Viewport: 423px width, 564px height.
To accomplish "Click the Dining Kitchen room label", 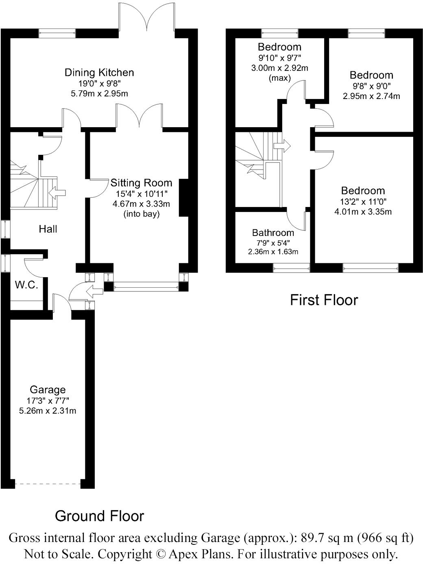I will tap(99, 73).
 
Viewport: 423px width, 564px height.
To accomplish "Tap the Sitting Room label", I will tap(141, 183).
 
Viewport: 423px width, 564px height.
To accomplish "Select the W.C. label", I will tap(26, 285).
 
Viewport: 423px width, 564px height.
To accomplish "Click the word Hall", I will tap(48, 229).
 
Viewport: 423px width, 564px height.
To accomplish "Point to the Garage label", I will tap(48, 390).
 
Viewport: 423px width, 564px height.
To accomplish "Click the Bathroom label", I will tap(273, 233).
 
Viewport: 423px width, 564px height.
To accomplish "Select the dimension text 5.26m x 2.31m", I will tap(48, 411).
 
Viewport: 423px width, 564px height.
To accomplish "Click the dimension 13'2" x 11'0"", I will tap(363, 201).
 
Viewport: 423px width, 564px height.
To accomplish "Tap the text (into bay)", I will tap(141, 214).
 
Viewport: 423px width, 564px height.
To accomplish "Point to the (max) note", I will tap(279, 78).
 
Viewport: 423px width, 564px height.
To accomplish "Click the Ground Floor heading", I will tap(99, 516).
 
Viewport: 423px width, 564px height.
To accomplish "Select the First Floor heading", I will tap(324, 300).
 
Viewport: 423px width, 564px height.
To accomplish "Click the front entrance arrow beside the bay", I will tap(96, 291).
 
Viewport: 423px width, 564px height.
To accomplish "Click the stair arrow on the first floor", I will tap(282, 145).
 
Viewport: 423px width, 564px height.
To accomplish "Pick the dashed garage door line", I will tap(48, 484).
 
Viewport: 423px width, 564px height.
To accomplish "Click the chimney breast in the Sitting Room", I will tap(184, 198).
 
